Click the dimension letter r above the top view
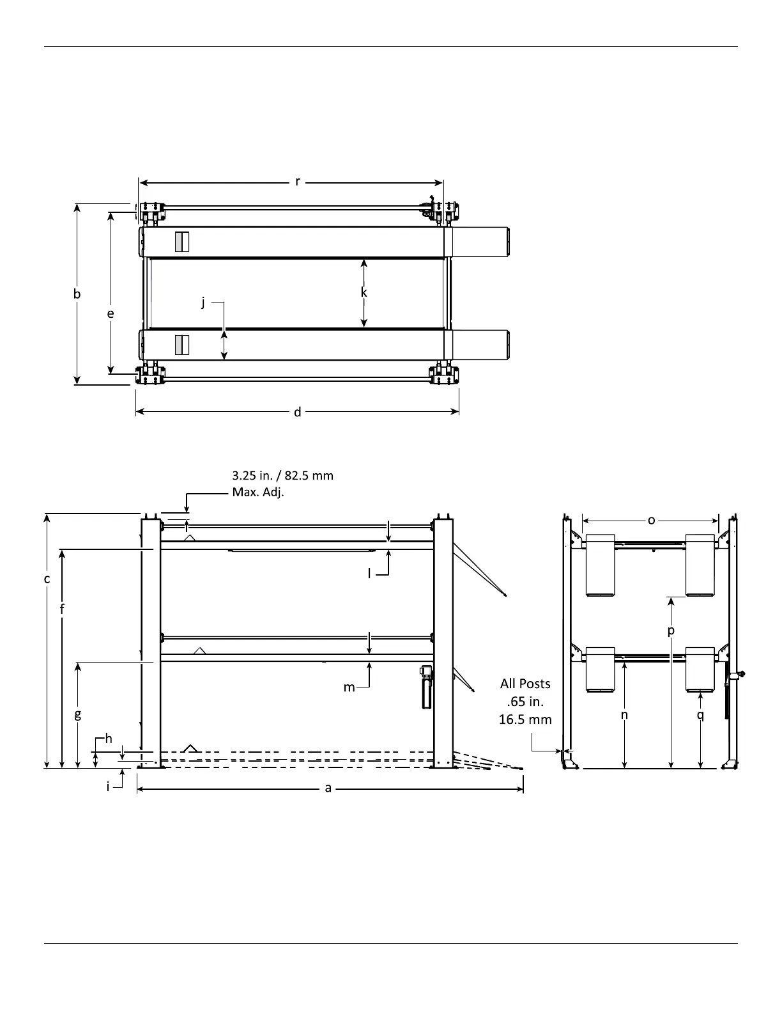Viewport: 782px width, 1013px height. (297, 182)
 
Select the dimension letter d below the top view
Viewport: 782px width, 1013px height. (297, 412)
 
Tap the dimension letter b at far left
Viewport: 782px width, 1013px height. (77, 294)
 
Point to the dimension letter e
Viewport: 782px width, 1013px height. (111, 314)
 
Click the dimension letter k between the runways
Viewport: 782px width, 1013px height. (364, 292)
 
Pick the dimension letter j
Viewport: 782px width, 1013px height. (203, 302)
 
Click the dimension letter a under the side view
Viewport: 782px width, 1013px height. (328, 788)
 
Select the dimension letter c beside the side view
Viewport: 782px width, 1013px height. (47, 579)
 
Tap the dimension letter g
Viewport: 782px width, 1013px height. (78, 714)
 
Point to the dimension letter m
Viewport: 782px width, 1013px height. (349, 687)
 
